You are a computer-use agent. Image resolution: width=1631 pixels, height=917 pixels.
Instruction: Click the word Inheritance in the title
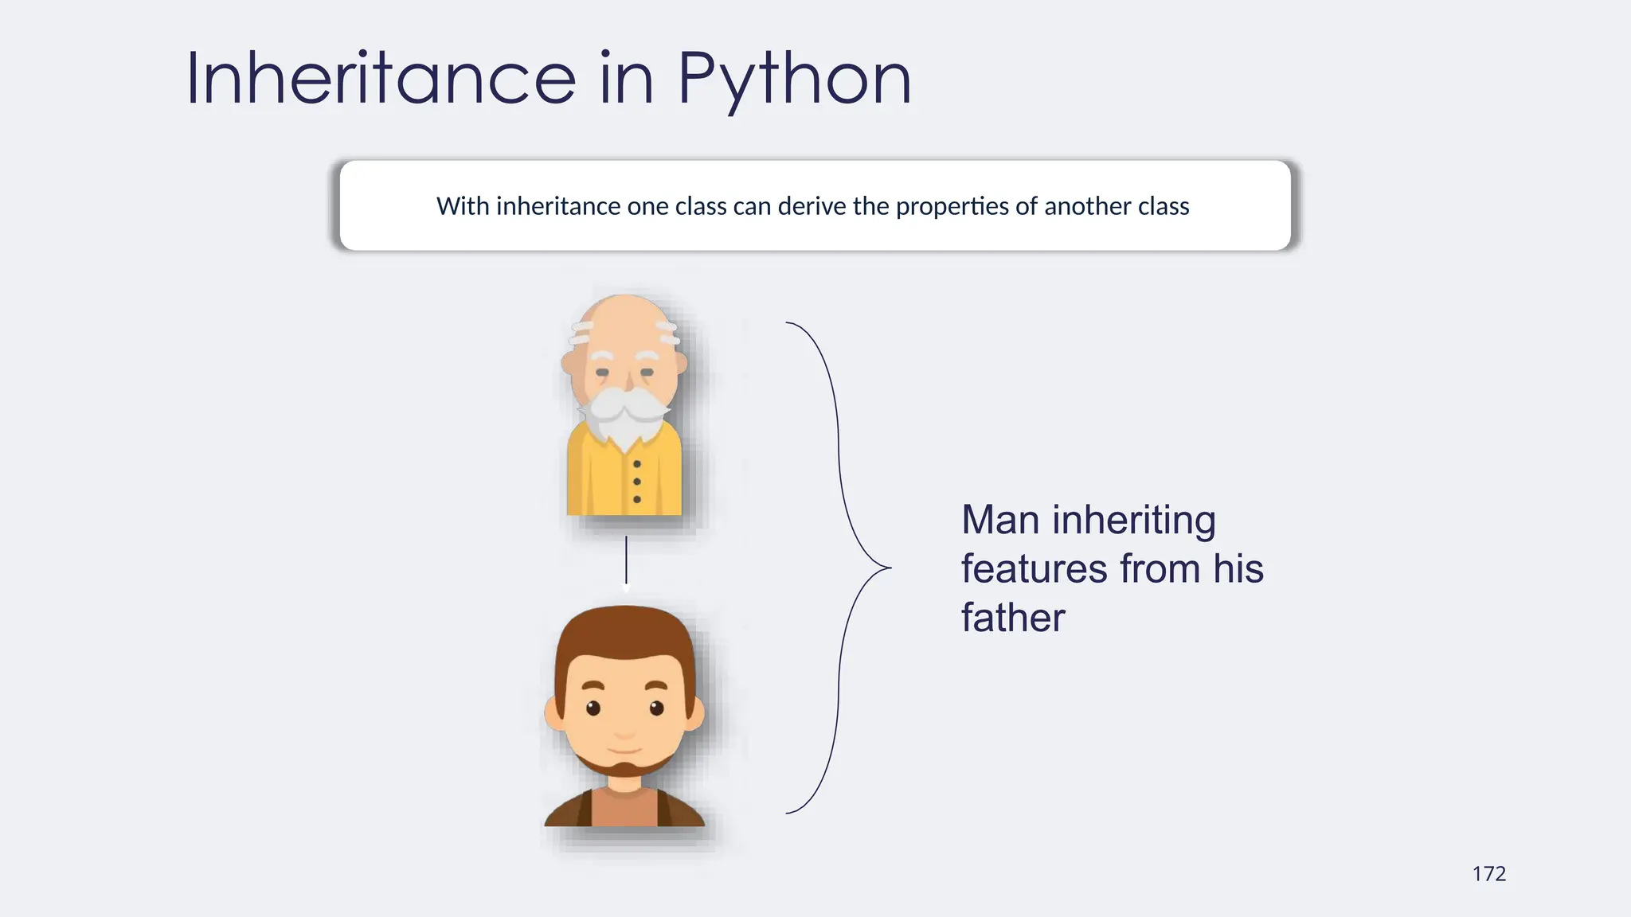(381, 78)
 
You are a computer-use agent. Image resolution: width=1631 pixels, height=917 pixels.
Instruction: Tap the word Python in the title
(794, 80)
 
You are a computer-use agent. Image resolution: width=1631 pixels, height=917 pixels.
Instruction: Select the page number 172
(1488, 874)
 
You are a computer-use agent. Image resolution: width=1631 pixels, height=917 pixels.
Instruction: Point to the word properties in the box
(952, 206)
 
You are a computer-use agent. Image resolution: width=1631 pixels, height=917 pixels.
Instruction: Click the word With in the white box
(462, 206)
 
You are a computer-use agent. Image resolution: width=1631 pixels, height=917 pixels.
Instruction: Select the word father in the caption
(1012, 618)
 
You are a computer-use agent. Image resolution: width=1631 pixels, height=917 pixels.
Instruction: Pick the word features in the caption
(1034, 569)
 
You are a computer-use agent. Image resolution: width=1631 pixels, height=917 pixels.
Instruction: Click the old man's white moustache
(625, 405)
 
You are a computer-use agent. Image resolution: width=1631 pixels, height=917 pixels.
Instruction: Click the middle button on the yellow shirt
(637, 482)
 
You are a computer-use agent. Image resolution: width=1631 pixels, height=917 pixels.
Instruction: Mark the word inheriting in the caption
(1133, 520)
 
